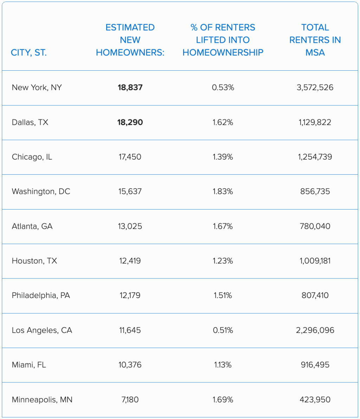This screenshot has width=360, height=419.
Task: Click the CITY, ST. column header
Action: pos(29,53)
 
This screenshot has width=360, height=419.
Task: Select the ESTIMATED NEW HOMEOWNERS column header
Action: pos(130,40)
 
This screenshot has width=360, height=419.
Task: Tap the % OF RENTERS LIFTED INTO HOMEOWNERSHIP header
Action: pos(223,40)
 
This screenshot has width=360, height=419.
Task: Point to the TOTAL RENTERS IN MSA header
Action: pos(315,40)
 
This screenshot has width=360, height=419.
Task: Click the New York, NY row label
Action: pos(37,88)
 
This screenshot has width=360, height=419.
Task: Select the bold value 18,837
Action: pos(130,88)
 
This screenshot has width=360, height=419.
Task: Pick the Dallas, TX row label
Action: pos(30,122)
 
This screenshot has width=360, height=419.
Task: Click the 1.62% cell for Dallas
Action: pos(223,122)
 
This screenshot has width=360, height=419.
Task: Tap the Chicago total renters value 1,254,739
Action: pos(315,157)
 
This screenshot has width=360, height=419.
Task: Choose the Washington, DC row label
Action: pos(41,192)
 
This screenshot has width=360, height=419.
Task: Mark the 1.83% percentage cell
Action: pos(223,192)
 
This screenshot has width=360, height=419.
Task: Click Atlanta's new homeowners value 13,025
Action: pos(130,226)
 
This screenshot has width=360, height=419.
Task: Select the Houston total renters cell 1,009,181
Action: pos(315,261)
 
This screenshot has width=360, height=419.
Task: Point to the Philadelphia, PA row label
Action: pos(41,296)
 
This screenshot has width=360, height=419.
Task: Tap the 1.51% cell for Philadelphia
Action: pos(223,296)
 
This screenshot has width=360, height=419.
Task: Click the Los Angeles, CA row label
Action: pos(42,330)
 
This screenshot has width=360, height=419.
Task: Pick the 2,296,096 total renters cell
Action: pos(315,330)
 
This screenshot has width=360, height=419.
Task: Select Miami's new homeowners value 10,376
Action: pos(130,365)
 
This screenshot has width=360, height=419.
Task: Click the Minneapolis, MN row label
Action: pos(42,400)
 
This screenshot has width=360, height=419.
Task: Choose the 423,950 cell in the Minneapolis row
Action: pos(315,400)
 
